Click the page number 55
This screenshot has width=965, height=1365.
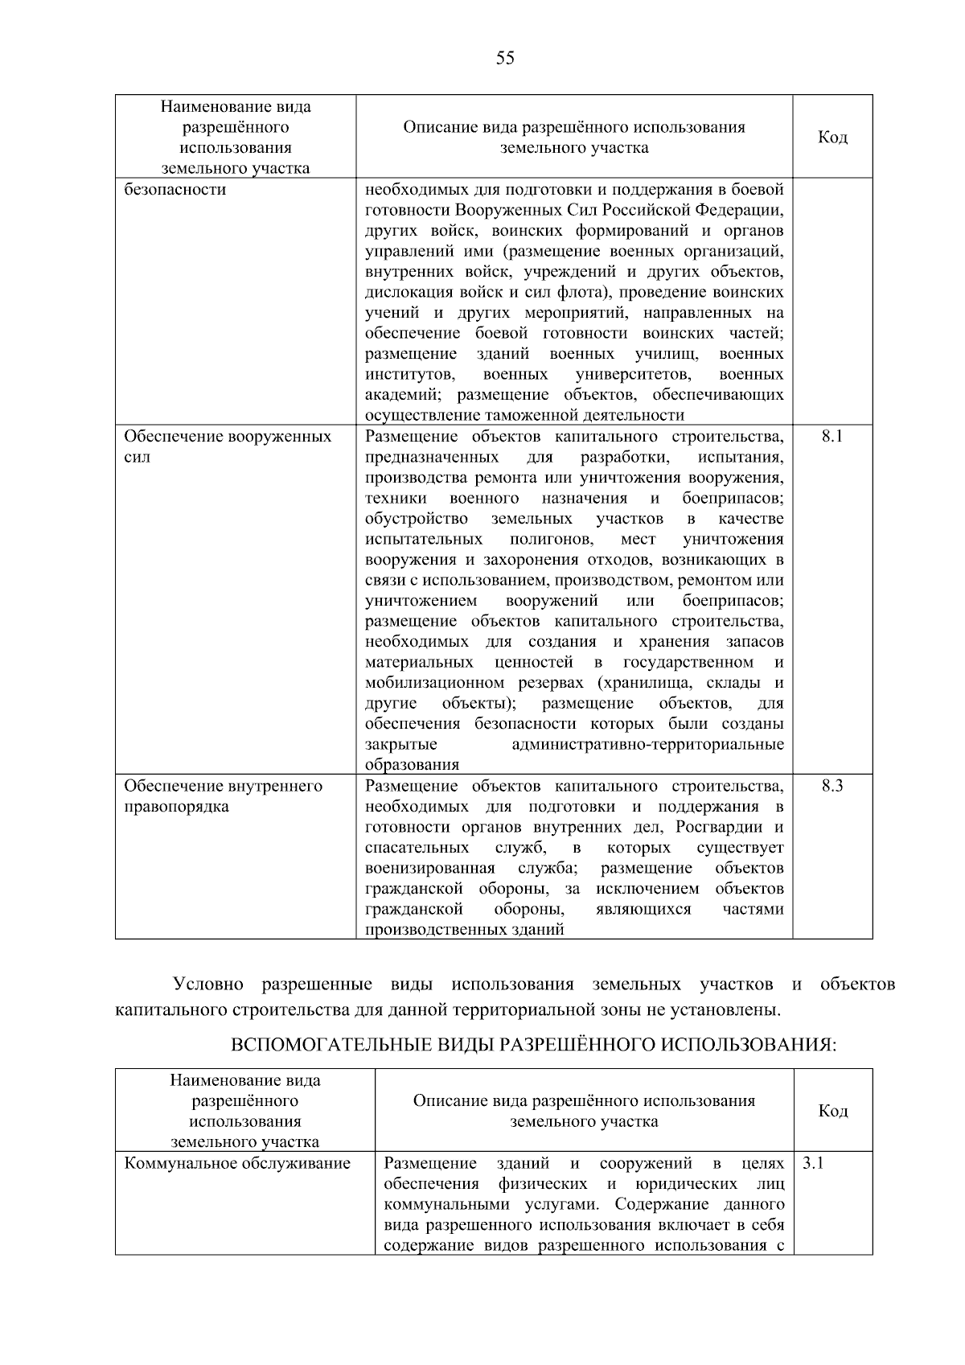(x=505, y=59)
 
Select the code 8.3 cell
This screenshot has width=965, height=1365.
(x=832, y=786)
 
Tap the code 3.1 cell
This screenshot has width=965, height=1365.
(x=812, y=1163)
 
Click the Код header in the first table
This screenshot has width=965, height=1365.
(x=832, y=138)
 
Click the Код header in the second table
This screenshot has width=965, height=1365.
(x=832, y=1111)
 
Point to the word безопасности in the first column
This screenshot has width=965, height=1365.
(x=175, y=190)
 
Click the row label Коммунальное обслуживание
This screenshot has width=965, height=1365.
(x=237, y=1163)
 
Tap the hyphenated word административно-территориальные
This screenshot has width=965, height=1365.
(x=647, y=745)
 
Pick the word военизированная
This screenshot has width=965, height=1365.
(x=429, y=869)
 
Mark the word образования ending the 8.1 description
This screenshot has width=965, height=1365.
(x=412, y=765)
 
